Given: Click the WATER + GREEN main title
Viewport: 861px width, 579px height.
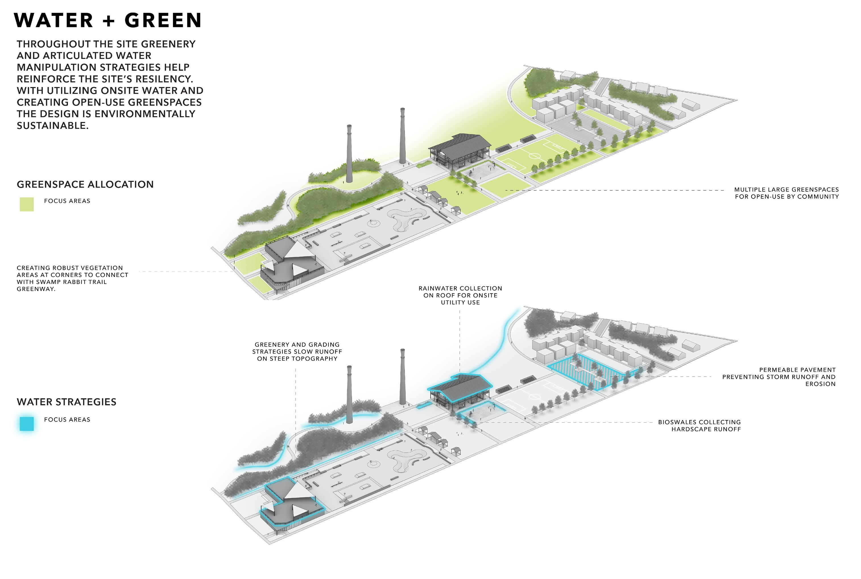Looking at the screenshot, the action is (x=108, y=20).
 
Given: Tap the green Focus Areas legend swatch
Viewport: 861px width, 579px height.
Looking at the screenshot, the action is (x=27, y=204).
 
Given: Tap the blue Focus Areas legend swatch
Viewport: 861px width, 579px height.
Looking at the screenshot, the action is (x=27, y=424).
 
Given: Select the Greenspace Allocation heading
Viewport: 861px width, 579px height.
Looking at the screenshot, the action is (x=85, y=184).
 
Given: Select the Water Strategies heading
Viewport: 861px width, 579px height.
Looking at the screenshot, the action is (x=67, y=402).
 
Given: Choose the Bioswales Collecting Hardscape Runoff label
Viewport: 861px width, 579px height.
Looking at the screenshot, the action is (x=699, y=426).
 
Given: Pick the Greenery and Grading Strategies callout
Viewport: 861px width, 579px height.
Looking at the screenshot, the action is (x=297, y=352).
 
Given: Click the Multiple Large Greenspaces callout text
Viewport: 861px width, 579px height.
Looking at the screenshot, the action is (x=787, y=193).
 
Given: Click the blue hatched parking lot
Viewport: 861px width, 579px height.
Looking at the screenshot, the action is (x=591, y=371).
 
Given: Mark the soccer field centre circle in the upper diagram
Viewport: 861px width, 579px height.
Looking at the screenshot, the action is (x=534, y=155).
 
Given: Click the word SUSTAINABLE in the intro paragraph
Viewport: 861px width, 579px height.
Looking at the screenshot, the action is (x=52, y=126).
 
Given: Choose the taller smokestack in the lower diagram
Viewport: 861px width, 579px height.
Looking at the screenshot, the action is (x=402, y=377).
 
